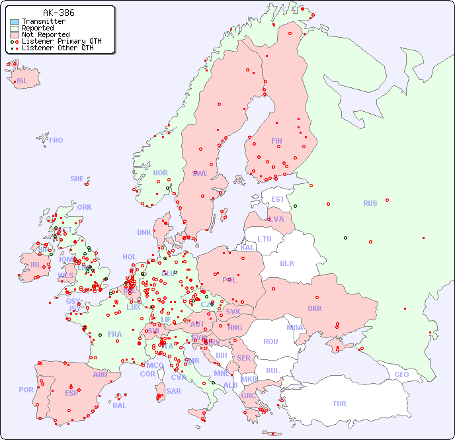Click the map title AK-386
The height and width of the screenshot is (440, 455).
pyautogui.click(x=58, y=13)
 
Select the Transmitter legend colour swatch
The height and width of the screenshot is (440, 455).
pyautogui.click(x=15, y=21)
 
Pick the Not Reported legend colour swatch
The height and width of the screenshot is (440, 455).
pyautogui.click(x=15, y=34)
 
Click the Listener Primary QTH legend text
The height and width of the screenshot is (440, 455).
pyautogui.click(x=62, y=41)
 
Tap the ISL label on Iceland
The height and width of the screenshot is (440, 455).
pyautogui.click(x=22, y=81)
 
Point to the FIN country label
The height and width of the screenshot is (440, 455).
pyautogui.click(x=276, y=141)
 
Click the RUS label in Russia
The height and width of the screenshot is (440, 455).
pyautogui.click(x=370, y=203)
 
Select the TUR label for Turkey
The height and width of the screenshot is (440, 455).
pyautogui.click(x=339, y=404)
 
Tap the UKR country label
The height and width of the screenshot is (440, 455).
pyautogui.click(x=314, y=308)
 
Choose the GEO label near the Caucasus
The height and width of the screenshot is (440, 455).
pyautogui.click(x=401, y=374)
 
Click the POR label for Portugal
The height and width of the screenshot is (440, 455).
pyautogui.click(x=26, y=390)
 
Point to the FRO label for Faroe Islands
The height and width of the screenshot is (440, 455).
pyautogui.click(x=56, y=140)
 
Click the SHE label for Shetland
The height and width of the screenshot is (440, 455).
pyautogui.click(x=77, y=179)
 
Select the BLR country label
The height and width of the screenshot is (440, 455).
pyautogui.click(x=286, y=263)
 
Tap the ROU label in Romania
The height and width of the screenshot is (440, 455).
pyautogui.click(x=270, y=341)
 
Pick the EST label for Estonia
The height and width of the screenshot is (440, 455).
pyautogui.click(x=278, y=199)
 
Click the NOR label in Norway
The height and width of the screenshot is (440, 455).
pyautogui.click(x=160, y=173)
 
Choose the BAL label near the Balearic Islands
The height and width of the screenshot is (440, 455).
pyautogui.click(x=119, y=406)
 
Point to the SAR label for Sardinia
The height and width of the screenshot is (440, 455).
pyautogui.click(x=173, y=391)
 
